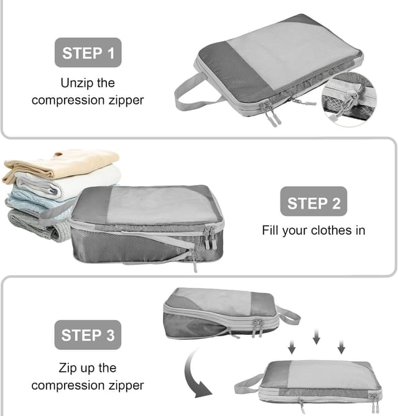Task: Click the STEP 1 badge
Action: (88, 52)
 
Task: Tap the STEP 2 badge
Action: (313, 203)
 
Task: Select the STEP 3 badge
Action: (88, 335)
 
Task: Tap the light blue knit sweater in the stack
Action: (37, 201)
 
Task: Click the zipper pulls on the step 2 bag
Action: (210, 237)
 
